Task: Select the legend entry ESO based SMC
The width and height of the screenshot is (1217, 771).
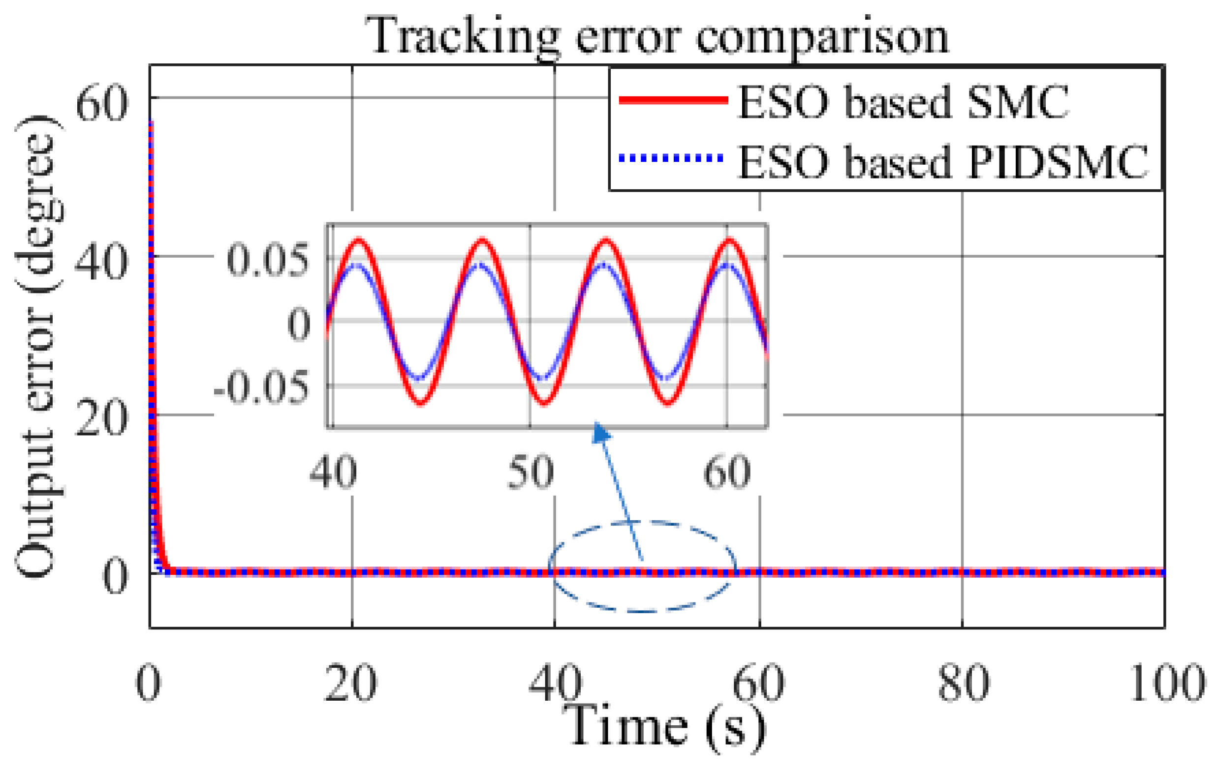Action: (x=903, y=102)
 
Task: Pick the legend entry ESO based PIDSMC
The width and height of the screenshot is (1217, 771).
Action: (x=942, y=162)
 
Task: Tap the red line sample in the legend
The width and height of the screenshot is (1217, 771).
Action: (x=673, y=100)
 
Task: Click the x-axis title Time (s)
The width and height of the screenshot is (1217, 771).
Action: (x=663, y=727)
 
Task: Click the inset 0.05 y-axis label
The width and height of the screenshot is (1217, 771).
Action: (x=267, y=261)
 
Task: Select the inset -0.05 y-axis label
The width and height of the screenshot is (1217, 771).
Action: (x=261, y=388)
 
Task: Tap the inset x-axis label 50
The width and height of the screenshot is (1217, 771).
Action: (x=530, y=473)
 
